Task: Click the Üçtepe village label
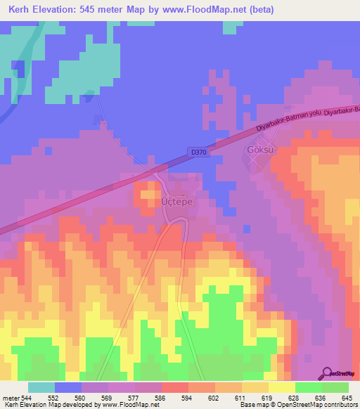(x=176, y=200)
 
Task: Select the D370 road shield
(x=198, y=151)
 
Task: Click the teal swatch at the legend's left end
(x=41, y=388)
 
